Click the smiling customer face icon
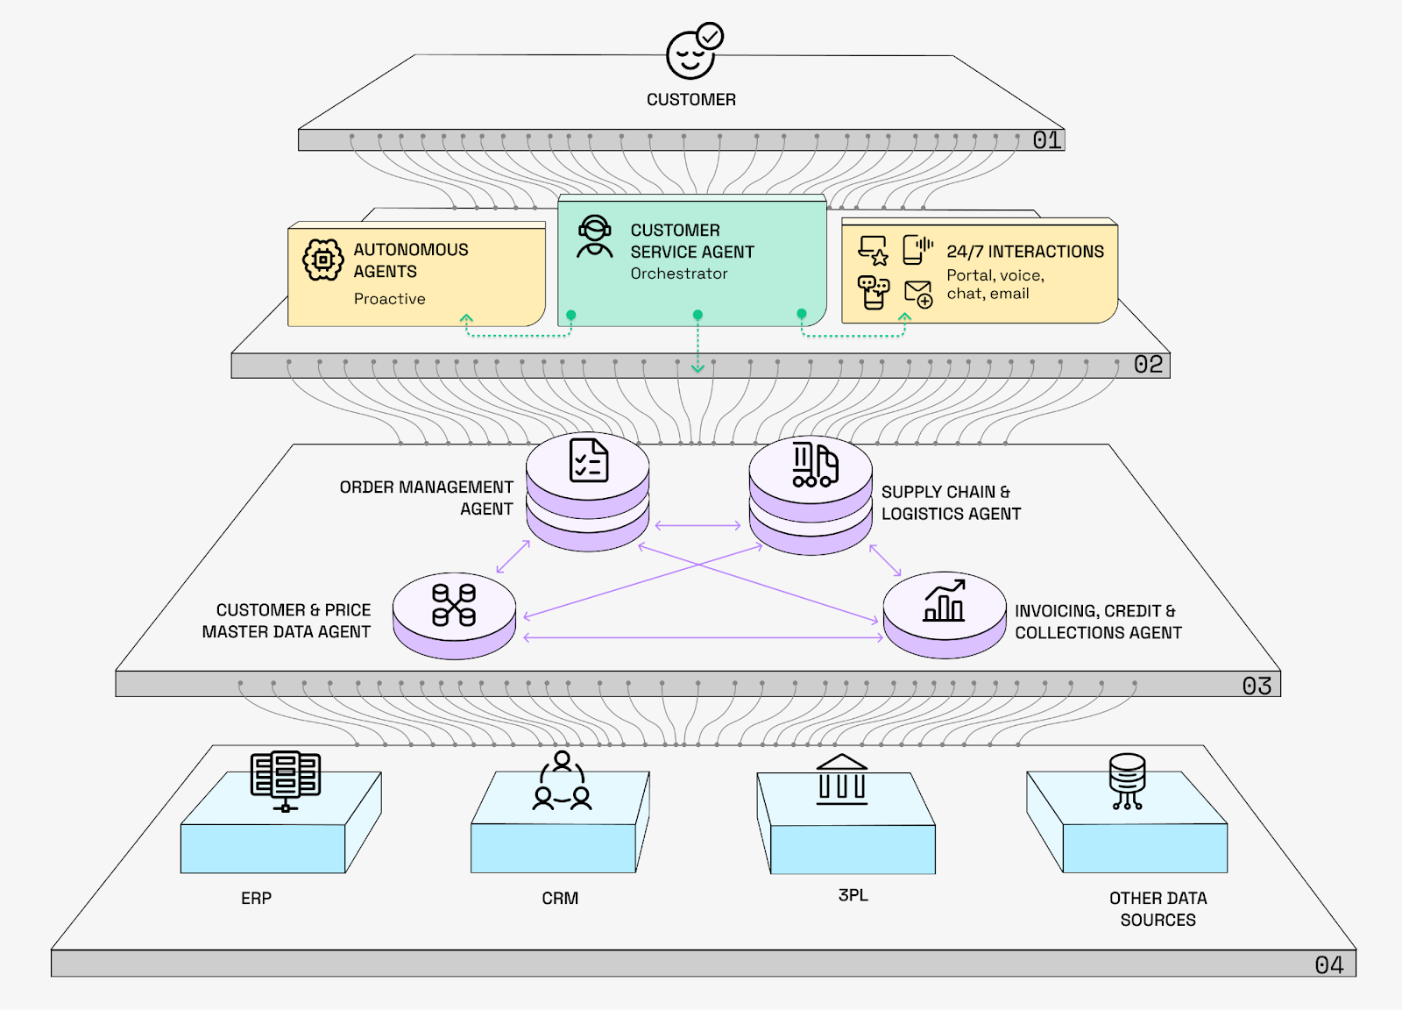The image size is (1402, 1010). (x=690, y=54)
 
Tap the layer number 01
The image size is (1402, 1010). (x=1046, y=140)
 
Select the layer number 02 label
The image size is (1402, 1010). (x=1148, y=365)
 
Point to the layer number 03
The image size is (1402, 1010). (x=1257, y=686)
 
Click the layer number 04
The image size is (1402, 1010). (x=1328, y=965)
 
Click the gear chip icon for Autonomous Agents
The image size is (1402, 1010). (x=322, y=260)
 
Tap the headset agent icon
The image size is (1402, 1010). (x=595, y=237)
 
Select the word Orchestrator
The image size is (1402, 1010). (x=679, y=274)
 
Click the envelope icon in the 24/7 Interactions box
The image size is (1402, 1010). (x=917, y=293)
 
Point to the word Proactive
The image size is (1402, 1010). (x=389, y=299)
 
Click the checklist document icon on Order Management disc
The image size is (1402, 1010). (x=589, y=460)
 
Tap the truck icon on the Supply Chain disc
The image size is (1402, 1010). (x=815, y=464)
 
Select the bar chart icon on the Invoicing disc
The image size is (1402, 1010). (x=944, y=601)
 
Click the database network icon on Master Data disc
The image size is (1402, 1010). (x=454, y=605)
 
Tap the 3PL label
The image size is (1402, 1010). (x=853, y=895)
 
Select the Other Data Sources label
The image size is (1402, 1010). (x=1158, y=909)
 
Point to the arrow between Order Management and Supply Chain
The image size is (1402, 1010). (x=697, y=526)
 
